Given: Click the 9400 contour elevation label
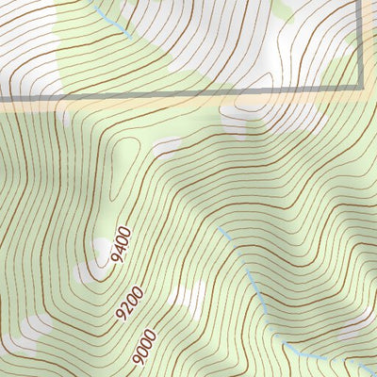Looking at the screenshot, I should point(122,247).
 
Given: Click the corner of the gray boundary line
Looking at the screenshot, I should point(362,92).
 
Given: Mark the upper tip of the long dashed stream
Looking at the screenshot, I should point(219,227).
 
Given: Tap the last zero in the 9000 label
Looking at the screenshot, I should point(150,342).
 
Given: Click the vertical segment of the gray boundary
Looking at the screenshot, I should point(362,47).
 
